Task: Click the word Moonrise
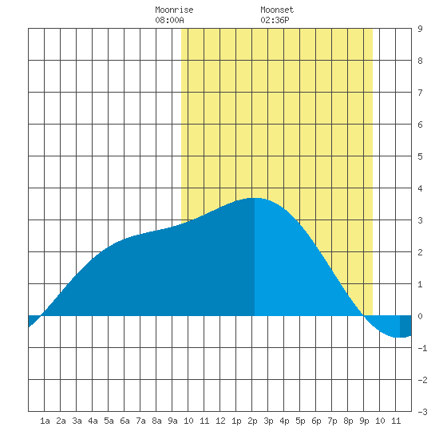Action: tap(174, 10)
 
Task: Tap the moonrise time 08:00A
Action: tap(169, 20)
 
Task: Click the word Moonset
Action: tap(277, 10)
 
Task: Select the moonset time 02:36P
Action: tap(275, 20)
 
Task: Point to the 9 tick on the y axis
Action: tap(420, 29)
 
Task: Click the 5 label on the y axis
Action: tap(420, 156)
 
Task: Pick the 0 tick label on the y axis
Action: tap(420, 316)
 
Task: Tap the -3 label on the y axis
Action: tap(422, 412)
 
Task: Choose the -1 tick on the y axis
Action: tap(422, 348)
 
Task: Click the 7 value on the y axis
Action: tap(420, 93)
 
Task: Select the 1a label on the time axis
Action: tap(45, 421)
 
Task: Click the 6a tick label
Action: tap(125, 421)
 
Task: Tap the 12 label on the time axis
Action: tap(220, 421)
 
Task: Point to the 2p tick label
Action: tap(252, 421)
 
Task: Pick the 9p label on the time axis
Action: tap(364, 421)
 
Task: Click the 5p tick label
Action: tap(300, 421)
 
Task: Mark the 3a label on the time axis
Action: tap(77, 421)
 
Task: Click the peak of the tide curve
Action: tap(255, 198)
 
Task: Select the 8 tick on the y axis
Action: tap(420, 61)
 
